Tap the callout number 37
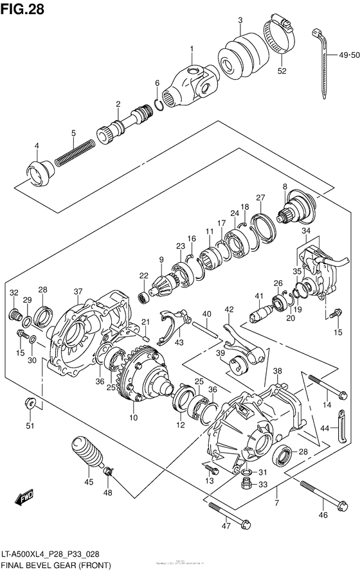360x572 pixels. click(x=78, y=292)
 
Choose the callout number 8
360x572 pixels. click(x=283, y=186)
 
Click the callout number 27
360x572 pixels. click(x=260, y=197)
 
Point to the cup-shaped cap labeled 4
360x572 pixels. click(x=38, y=172)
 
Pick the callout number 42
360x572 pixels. click(x=229, y=309)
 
